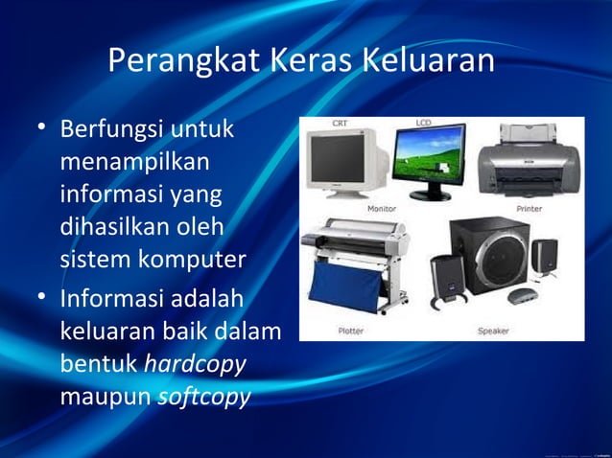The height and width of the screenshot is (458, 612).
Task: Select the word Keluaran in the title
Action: (x=429, y=61)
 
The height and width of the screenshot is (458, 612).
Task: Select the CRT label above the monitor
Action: (x=340, y=124)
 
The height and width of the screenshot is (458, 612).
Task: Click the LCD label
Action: (x=424, y=123)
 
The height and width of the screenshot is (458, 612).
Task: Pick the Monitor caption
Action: (x=382, y=208)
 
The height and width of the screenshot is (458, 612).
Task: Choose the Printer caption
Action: (x=530, y=208)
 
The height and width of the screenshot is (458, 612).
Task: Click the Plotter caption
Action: (x=350, y=332)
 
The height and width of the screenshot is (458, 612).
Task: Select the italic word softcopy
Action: (x=202, y=396)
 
